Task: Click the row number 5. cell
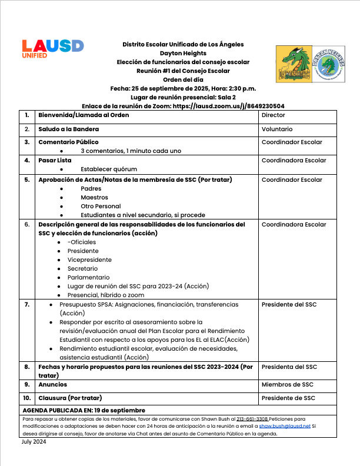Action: click(27, 180)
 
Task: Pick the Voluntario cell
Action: click(276, 128)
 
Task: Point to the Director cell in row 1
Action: click(273, 115)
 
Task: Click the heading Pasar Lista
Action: click(55, 160)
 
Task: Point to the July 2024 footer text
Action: click(35, 441)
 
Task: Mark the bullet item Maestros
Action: click(94, 198)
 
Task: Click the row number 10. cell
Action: click(27, 398)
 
